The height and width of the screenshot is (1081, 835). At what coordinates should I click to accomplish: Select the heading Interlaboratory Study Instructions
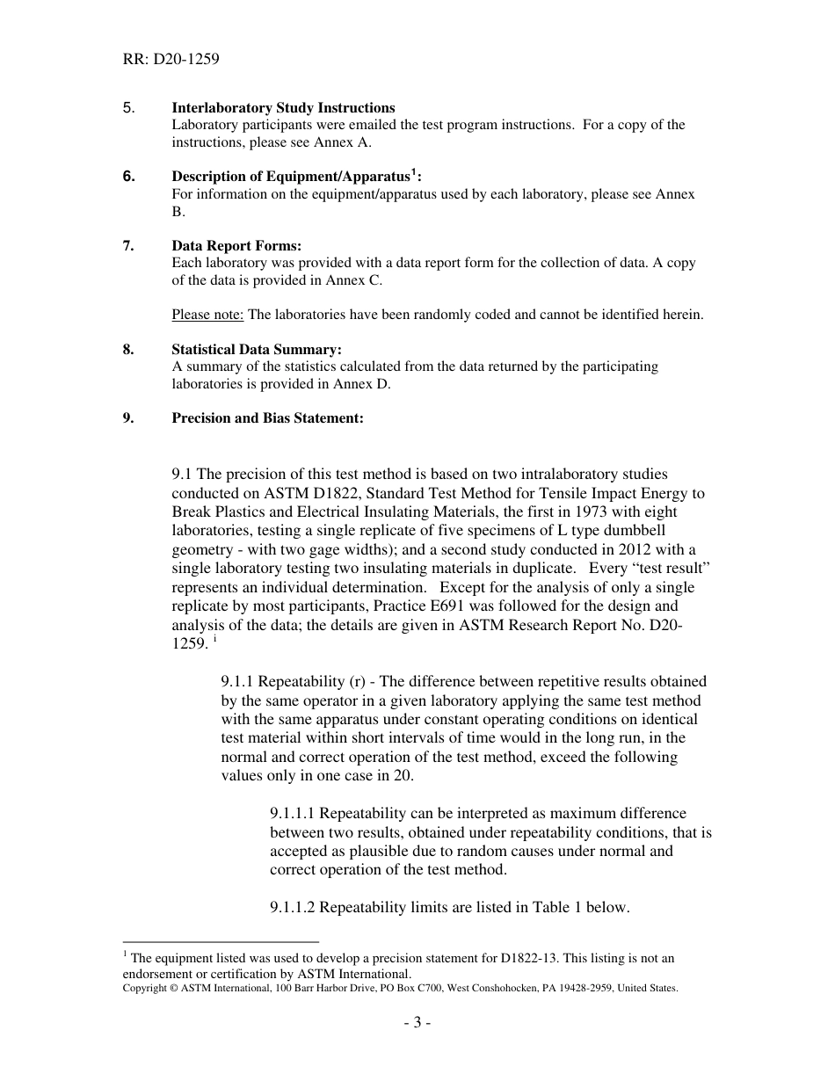283,108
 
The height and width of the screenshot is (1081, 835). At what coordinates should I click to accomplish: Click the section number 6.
128,177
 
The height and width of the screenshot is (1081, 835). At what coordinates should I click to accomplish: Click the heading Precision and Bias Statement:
267,418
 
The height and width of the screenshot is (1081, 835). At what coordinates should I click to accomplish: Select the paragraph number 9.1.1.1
299,814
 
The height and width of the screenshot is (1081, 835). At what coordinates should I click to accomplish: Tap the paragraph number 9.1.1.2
299,908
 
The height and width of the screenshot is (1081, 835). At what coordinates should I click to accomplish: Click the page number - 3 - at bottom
417,1023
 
